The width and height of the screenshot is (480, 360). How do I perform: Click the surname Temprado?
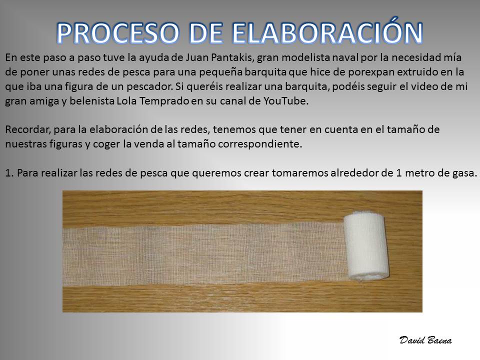click(164, 101)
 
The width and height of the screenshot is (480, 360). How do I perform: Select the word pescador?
click(149, 87)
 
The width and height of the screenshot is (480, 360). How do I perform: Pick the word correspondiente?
click(260, 144)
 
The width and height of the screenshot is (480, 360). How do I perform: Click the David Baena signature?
click(425, 340)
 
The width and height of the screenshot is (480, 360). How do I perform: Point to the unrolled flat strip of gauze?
click(205, 254)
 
